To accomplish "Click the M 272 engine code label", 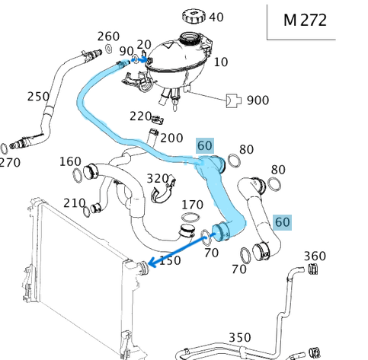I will coord(305,21).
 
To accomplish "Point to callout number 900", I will coord(258,100).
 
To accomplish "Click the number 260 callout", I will coord(109,36).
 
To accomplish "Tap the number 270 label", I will coord(10,161).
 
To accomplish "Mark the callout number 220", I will coord(140,116).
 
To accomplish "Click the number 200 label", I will coord(171,138).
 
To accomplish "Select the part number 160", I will coord(70,161).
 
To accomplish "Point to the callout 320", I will coord(158,178).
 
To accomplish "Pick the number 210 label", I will coord(74,202).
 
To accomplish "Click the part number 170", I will coord(192,205).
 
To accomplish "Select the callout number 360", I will coord(315,256).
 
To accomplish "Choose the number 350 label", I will coord(240,336).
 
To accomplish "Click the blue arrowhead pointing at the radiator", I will coord(151,263).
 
